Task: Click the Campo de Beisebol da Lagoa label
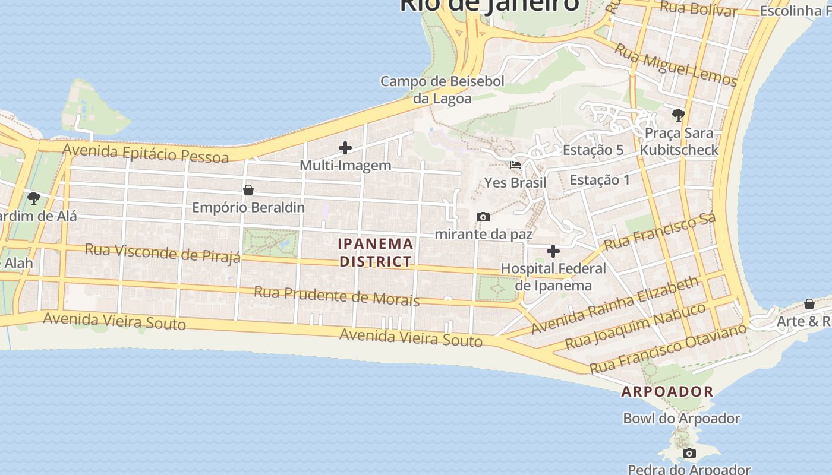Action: [x=442, y=90]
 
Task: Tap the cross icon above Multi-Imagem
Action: [x=345, y=148]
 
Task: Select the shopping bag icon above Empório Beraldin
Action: [x=248, y=190]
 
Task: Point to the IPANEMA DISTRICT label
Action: [x=375, y=252]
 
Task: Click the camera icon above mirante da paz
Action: [x=483, y=217]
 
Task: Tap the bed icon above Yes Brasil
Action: [x=515, y=164]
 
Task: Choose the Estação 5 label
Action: [x=593, y=150]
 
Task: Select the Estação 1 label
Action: [x=600, y=179]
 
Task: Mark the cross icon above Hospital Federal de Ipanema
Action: [x=553, y=251]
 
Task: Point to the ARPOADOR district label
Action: [x=667, y=392]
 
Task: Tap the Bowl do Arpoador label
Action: [x=681, y=419]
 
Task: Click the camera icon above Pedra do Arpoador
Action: [x=689, y=454]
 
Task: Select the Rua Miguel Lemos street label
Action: [x=676, y=65]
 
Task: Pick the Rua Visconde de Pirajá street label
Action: [x=162, y=253]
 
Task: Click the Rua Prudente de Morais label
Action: [x=336, y=296]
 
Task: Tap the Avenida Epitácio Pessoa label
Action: [x=146, y=153]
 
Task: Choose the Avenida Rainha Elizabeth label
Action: [x=614, y=305]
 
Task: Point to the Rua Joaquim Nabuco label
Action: [x=635, y=326]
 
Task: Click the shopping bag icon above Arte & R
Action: [x=809, y=304]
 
